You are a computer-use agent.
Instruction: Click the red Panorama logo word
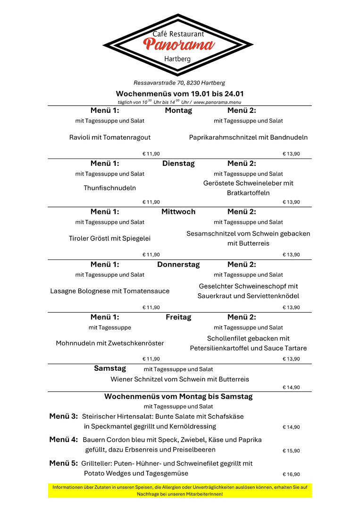[179, 45]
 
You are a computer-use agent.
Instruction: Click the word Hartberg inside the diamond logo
[177, 59]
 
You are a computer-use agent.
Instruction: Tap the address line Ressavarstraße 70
[179, 83]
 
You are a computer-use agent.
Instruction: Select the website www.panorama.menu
[218, 102]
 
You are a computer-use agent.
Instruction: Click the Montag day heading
[178, 110]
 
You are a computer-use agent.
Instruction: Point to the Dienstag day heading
[178, 163]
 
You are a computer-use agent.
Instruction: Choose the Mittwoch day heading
[178, 212]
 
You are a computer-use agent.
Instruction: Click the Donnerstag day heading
[178, 264]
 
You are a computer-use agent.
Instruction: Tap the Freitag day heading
[178, 317]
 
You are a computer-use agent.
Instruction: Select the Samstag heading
[110, 368]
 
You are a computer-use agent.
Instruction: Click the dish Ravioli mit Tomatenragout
[110, 137]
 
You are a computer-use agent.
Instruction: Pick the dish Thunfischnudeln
[110, 188]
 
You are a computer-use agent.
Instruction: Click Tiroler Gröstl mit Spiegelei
[110, 238]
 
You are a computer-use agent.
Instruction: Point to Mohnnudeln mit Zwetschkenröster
[110, 343]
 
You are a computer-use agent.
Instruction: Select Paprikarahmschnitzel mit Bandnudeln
[248, 137]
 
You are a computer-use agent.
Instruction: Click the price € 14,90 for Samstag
[291, 388]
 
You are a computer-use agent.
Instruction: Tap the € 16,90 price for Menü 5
[291, 475]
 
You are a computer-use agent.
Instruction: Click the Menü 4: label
[64, 440]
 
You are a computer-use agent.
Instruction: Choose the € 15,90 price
[291, 451]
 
